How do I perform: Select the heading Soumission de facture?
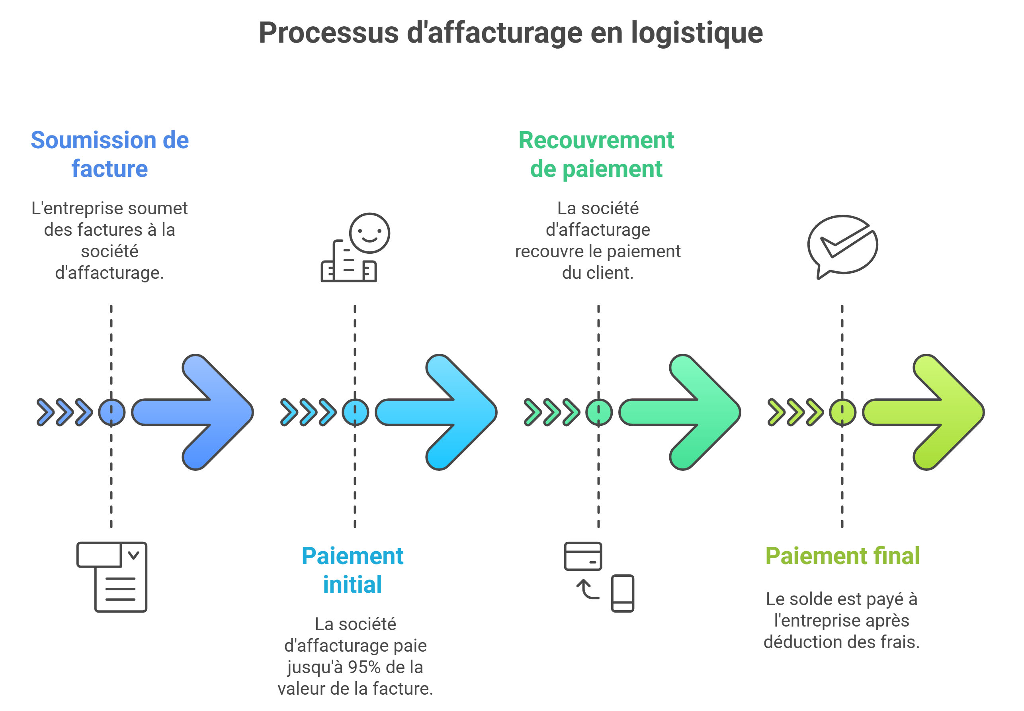click(109, 154)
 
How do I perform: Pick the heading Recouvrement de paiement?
click(596, 154)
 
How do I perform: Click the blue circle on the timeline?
click(111, 413)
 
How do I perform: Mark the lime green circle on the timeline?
click(842, 413)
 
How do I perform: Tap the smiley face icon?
click(369, 233)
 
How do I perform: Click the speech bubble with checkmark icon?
click(842, 245)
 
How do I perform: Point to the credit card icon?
click(582, 556)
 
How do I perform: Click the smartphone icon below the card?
click(622, 593)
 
